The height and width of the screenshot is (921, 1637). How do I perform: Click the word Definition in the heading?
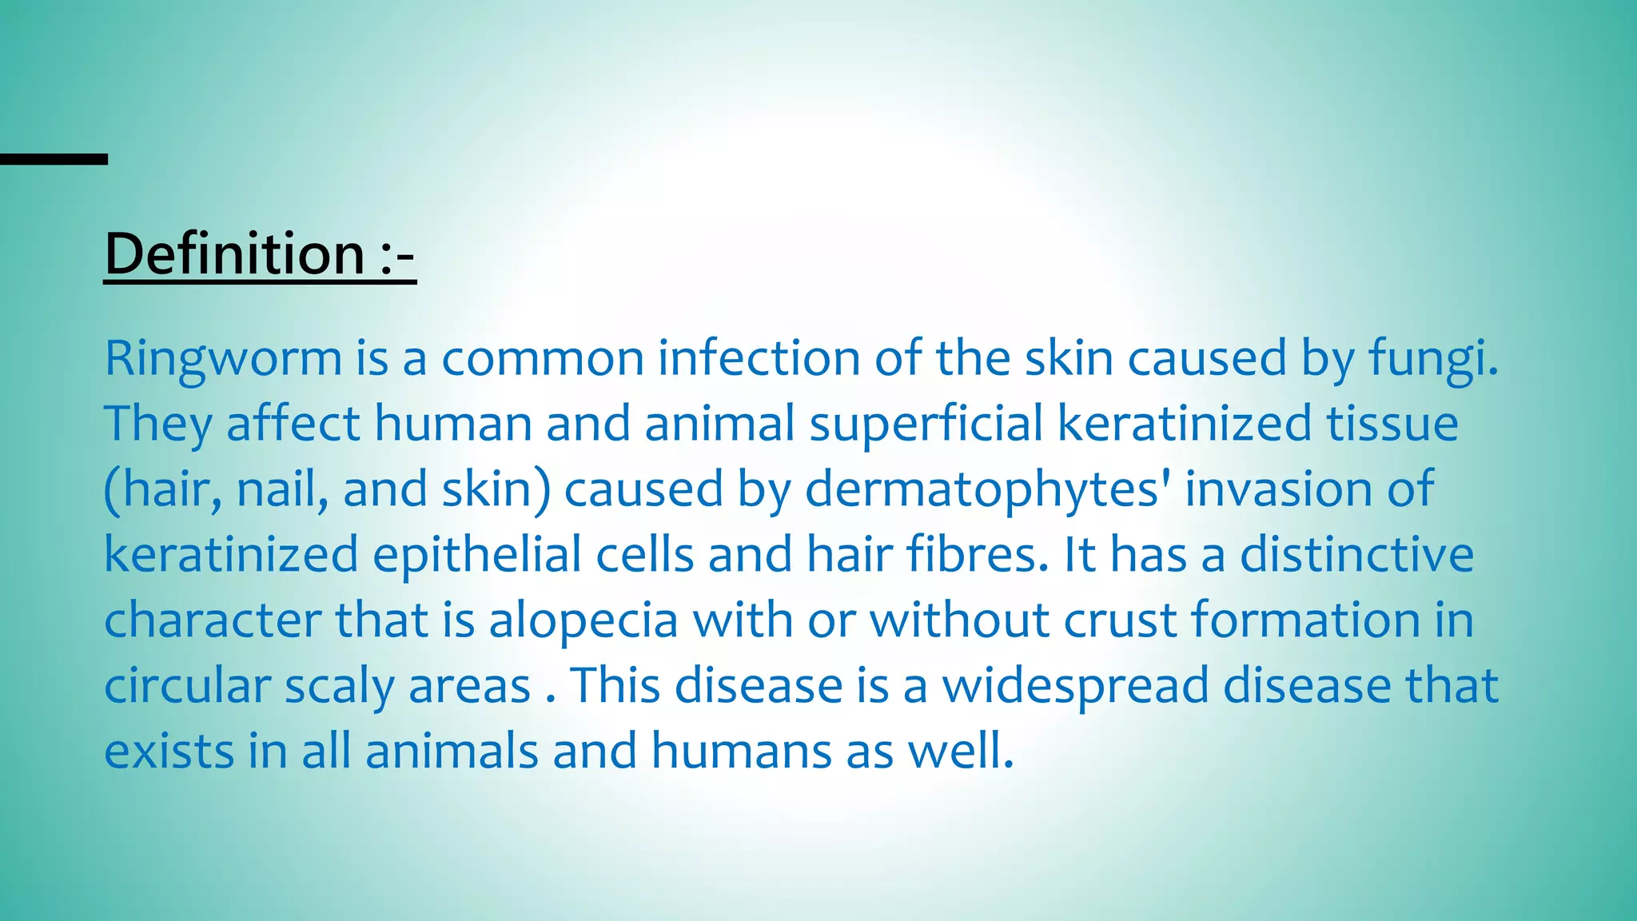(x=235, y=254)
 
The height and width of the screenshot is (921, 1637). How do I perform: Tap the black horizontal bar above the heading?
(x=54, y=160)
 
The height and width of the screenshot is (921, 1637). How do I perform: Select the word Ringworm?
(x=223, y=358)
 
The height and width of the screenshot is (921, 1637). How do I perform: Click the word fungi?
(x=1433, y=358)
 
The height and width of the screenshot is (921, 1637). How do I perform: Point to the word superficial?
(x=926, y=423)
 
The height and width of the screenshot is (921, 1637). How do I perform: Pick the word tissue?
(x=1392, y=423)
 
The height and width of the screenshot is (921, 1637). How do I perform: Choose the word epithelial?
(x=477, y=554)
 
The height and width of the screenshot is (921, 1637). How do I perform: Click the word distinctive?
(x=1356, y=554)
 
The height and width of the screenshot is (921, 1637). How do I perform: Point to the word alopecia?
(x=584, y=620)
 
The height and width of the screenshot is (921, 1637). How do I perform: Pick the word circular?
(x=187, y=686)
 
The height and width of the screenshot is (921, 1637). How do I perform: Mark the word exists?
(x=169, y=752)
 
